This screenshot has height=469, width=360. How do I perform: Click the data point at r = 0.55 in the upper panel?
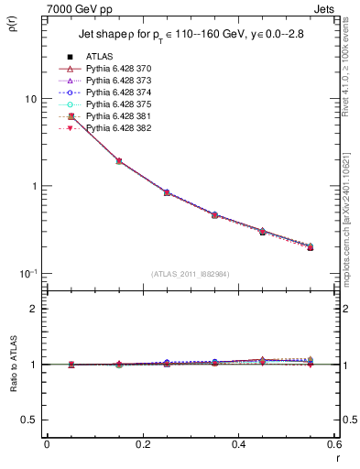[311, 247]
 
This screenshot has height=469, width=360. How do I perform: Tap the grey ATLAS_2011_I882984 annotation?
[190, 274]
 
